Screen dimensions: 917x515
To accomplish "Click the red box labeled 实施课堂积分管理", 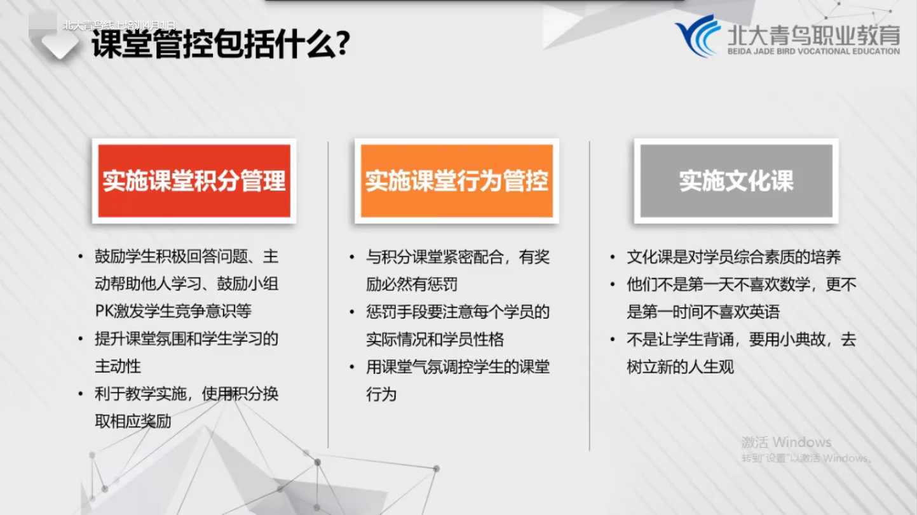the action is (194, 181).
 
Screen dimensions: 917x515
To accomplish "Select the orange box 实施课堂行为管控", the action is (456, 181).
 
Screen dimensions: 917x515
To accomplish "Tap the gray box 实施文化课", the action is (736, 181).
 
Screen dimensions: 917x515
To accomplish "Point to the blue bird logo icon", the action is (697, 36).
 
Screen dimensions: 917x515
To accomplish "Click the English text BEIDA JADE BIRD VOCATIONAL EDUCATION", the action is (813, 51).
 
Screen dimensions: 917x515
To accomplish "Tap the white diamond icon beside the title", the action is (60, 44).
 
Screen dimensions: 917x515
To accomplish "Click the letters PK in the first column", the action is (104, 311).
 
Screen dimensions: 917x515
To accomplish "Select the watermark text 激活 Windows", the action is (786, 442).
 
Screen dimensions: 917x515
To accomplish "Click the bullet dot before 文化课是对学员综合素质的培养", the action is (613, 257).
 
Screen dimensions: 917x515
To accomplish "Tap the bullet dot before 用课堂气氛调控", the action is (351, 367).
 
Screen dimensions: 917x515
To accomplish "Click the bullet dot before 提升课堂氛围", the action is (81, 339).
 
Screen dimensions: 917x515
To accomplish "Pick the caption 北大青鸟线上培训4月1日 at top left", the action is (119, 25).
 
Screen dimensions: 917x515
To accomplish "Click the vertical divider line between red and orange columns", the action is (328, 295).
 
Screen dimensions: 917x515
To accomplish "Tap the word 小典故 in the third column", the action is (803, 340).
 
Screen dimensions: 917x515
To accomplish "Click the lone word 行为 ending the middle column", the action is (381, 395).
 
